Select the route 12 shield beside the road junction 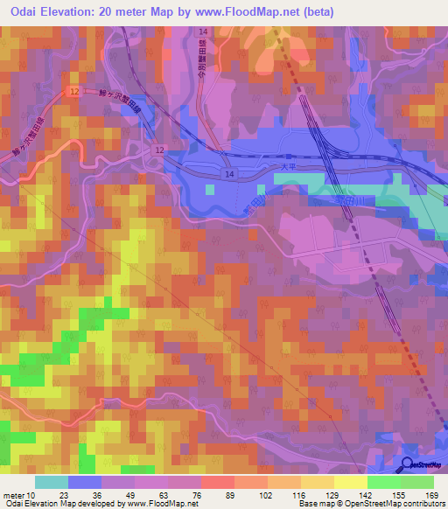point(160,150)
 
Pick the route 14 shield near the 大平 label point(227,175)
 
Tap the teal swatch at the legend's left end point(52,482)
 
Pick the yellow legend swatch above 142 point(350,482)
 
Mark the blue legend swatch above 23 point(84,482)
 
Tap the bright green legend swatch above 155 point(384,482)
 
